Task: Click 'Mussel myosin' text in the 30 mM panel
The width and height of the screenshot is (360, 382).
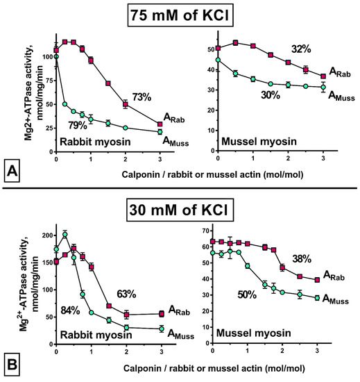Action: point(252,334)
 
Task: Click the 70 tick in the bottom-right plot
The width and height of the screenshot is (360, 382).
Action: point(203,229)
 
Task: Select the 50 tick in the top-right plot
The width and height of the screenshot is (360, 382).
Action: point(203,50)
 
